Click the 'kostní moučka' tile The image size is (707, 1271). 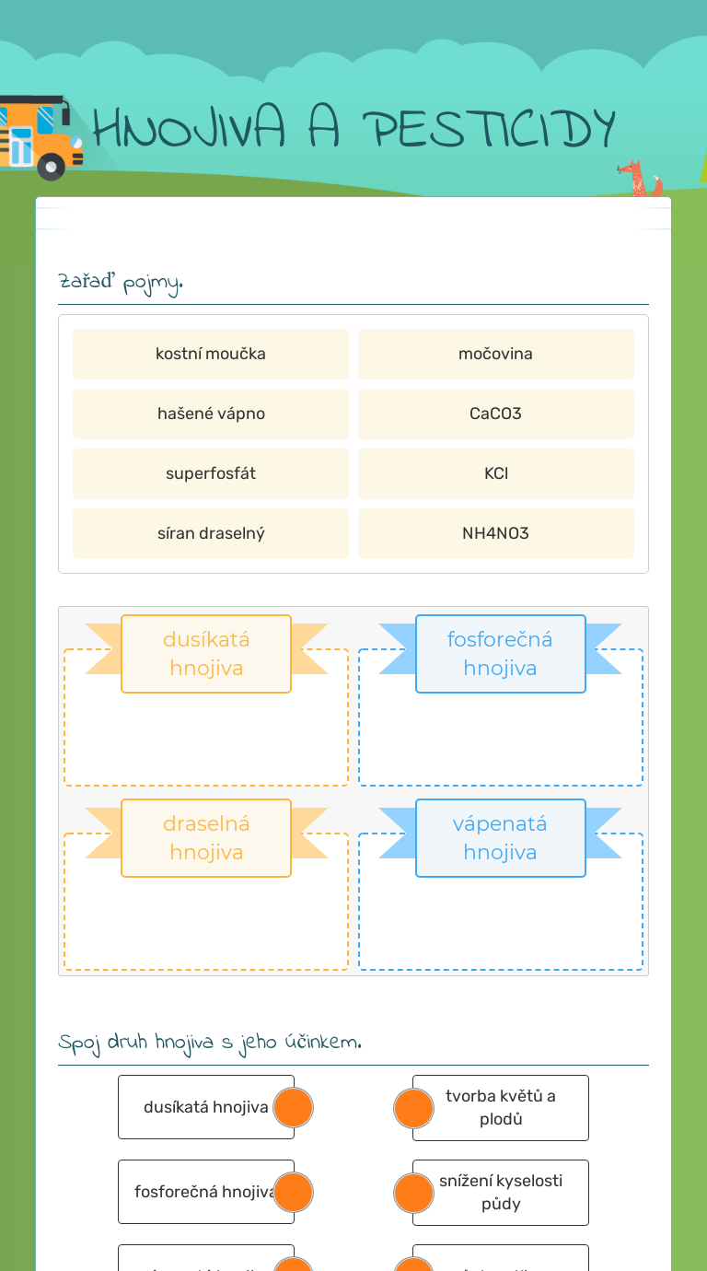[x=211, y=354]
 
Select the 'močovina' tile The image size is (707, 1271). [x=495, y=354]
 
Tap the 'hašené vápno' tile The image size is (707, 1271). [x=211, y=414]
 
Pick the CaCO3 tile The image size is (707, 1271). [x=495, y=414]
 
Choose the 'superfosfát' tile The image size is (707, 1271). [x=211, y=473]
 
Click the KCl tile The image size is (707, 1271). [x=495, y=473]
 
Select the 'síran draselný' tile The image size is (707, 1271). [x=211, y=533]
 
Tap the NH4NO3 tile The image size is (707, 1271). [x=495, y=533]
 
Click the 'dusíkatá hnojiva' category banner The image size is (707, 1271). [x=206, y=654]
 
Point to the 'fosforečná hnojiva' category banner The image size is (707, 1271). [x=500, y=654]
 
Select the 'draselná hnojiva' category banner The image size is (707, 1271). [x=206, y=838]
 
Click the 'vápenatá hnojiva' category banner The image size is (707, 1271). [x=500, y=838]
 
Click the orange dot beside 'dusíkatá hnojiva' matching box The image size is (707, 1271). [x=294, y=1107]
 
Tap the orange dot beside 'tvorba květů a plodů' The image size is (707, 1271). [x=413, y=1108]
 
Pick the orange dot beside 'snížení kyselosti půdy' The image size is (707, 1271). [x=413, y=1193]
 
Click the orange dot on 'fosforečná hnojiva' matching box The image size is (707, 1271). [x=294, y=1192]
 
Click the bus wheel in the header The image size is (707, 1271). [x=51, y=167]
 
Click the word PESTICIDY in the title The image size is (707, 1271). [x=493, y=130]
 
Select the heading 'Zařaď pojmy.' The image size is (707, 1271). [x=121, y=282]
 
